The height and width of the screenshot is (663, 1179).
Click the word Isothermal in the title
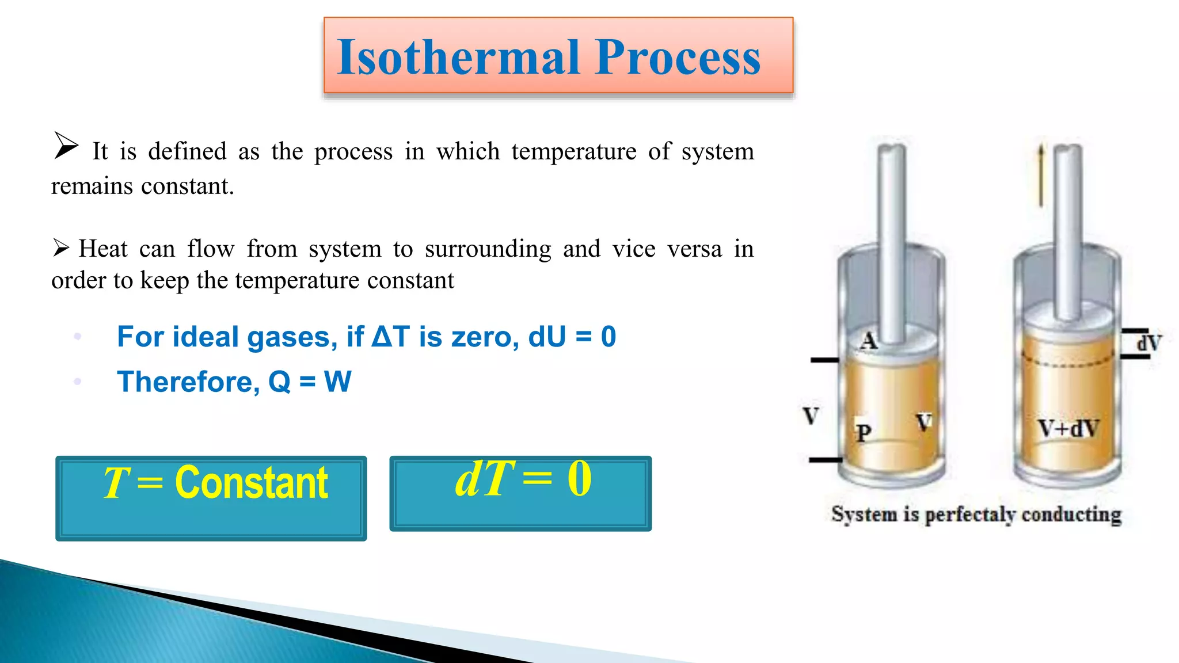point(458,58)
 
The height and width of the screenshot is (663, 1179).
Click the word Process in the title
point(678,58)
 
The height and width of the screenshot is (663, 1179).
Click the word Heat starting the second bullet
point(103,249)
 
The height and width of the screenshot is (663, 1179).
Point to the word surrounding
point(488,249)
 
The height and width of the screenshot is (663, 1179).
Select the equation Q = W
point(310,382)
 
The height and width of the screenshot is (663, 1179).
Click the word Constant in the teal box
point(251,482)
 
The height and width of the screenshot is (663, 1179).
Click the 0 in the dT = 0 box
point(579,479)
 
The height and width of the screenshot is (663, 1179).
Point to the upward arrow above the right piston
point(1040,175)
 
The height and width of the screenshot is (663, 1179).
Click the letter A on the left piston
point(869,341)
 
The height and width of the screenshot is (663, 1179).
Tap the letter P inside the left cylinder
point(863,433)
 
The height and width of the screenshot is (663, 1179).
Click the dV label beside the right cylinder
point(1148,344)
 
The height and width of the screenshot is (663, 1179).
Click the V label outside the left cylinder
point(811,416)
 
